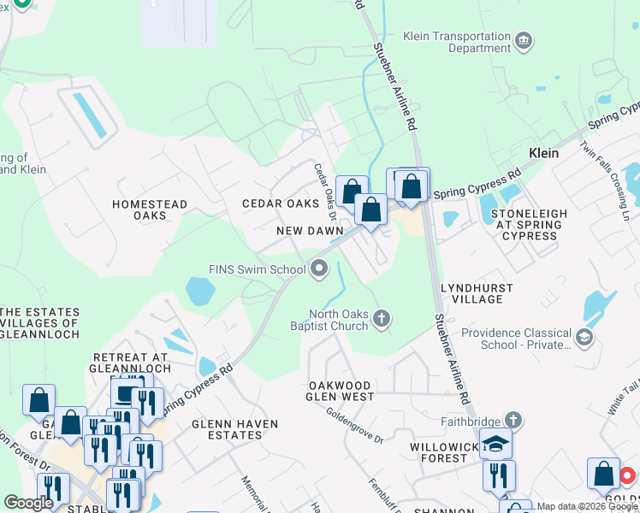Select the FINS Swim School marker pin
(319, 270)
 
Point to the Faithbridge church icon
(512, 420)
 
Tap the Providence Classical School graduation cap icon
(584, 338)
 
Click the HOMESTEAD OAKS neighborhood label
(150, 209)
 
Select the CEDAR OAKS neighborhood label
(281, 203)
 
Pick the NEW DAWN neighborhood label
(310, 232)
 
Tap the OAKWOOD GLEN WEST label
(341, 391)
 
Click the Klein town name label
(543, 153)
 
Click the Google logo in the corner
(28, 503)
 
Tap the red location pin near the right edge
(627, 475)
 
